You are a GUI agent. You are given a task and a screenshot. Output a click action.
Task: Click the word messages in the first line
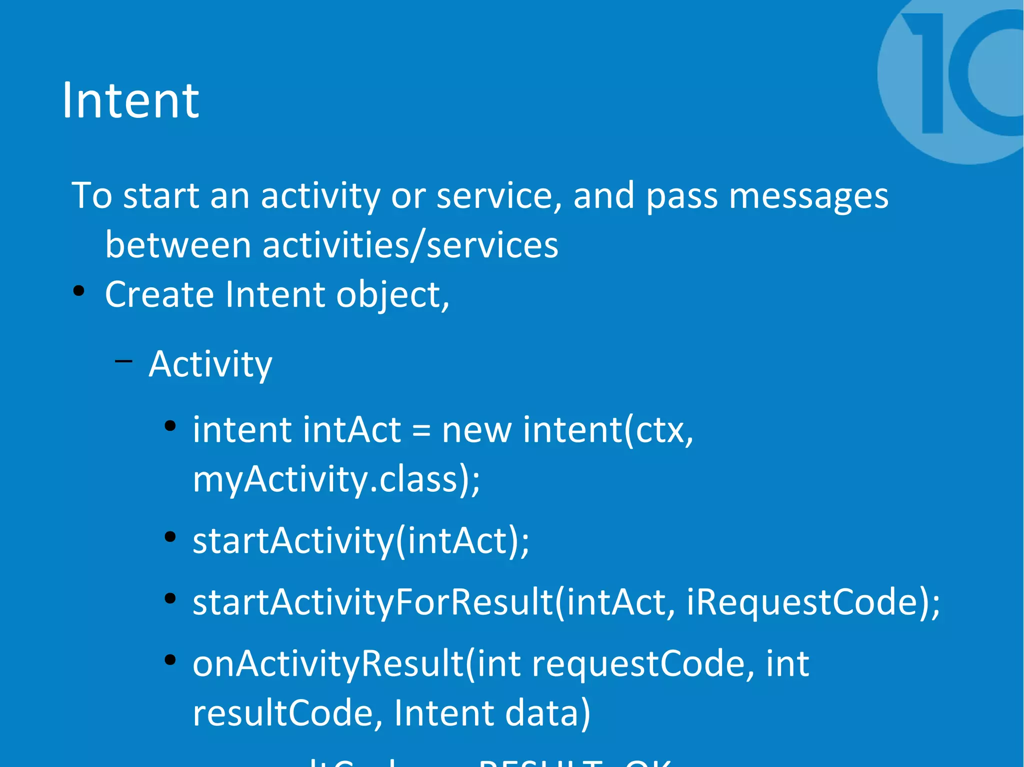click(808, 195)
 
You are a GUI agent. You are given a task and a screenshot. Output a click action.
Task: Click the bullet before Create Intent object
click(78, 291)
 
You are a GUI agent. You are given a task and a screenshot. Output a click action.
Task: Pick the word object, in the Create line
click(392, 295)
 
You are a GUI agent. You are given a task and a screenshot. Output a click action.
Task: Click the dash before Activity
click(123, 361)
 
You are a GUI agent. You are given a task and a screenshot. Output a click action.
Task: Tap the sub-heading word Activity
click(210, 364)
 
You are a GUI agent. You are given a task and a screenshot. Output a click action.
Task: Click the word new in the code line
click(476, 430)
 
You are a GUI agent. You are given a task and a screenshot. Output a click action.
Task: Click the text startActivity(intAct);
click(360, 541)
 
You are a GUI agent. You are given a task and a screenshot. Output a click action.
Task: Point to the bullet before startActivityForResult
click(170, 598)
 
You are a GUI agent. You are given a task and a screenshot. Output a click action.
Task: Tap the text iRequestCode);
click(813, 602)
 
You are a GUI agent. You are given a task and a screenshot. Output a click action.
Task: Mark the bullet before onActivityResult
click(170, 660)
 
